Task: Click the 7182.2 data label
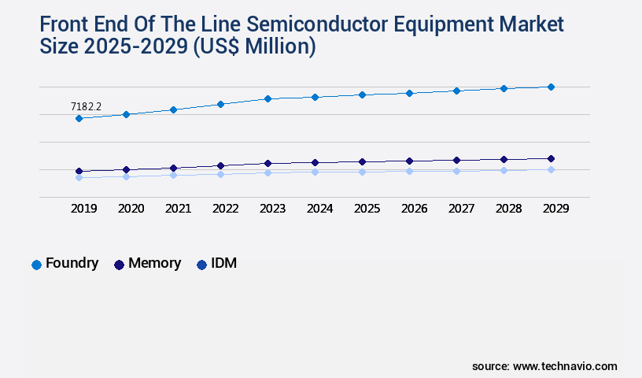click(87, 106)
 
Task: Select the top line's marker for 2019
click(79, 118)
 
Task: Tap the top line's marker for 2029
click(551, 87)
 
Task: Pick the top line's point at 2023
click(267, 98)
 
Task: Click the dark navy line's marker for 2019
click(79, 171)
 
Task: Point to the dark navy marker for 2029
click(551, 158)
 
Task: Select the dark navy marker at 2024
click(315, 162)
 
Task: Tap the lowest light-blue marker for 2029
click(551, 169)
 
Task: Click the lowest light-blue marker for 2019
click(79, 178)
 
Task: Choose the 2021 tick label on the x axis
click(178, 209)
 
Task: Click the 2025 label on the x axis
click(367, 209)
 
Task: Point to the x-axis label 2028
click(508, 209)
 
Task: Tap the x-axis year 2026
click(414, 209)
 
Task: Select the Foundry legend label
click(72, 264)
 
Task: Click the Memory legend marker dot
click(119, 265)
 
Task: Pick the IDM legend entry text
click(224, 264)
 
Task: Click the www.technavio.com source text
click(565, 366)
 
